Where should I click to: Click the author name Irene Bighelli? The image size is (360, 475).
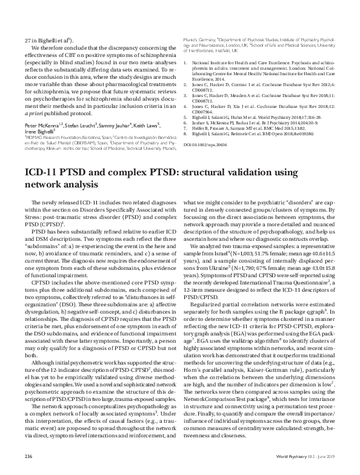38,115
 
